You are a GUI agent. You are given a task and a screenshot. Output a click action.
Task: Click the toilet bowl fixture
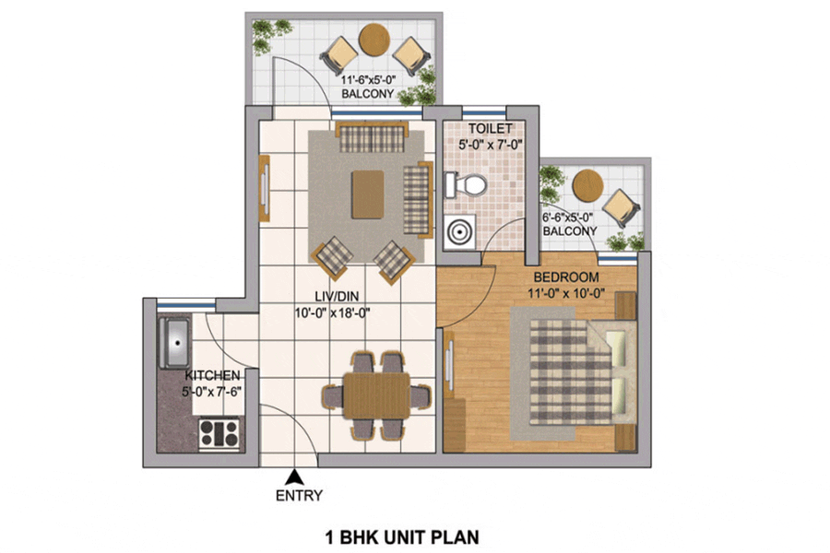(466, 184)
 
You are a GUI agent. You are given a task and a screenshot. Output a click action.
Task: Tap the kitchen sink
(175, 343)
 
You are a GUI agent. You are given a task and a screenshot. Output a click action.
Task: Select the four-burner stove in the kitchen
(219, 433)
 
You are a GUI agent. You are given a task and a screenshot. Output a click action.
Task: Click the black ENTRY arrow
(294, 477)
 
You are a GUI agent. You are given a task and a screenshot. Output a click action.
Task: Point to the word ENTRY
(299, 496)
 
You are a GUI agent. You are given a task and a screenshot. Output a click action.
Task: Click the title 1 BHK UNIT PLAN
(402, 537)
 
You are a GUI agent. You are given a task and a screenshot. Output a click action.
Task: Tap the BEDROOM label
(566, 277)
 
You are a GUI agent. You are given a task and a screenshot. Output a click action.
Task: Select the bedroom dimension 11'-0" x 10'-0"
(566, 294)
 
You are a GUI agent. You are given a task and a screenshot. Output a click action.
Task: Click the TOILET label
(491, 129)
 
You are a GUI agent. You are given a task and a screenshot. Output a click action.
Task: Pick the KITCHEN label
(212, 376)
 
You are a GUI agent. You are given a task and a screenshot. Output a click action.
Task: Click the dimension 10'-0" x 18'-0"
(332, 313)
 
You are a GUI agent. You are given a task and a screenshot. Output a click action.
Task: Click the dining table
(376, 395)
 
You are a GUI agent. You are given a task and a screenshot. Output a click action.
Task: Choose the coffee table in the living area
(368, 194)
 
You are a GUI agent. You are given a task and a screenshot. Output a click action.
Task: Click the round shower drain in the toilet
(459, 231)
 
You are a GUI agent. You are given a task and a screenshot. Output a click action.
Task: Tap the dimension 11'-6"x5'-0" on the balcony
(368, 80)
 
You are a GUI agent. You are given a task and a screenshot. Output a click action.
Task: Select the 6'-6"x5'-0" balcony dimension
(568, 218)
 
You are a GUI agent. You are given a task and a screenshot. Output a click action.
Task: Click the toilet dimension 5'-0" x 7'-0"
(491, 145)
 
